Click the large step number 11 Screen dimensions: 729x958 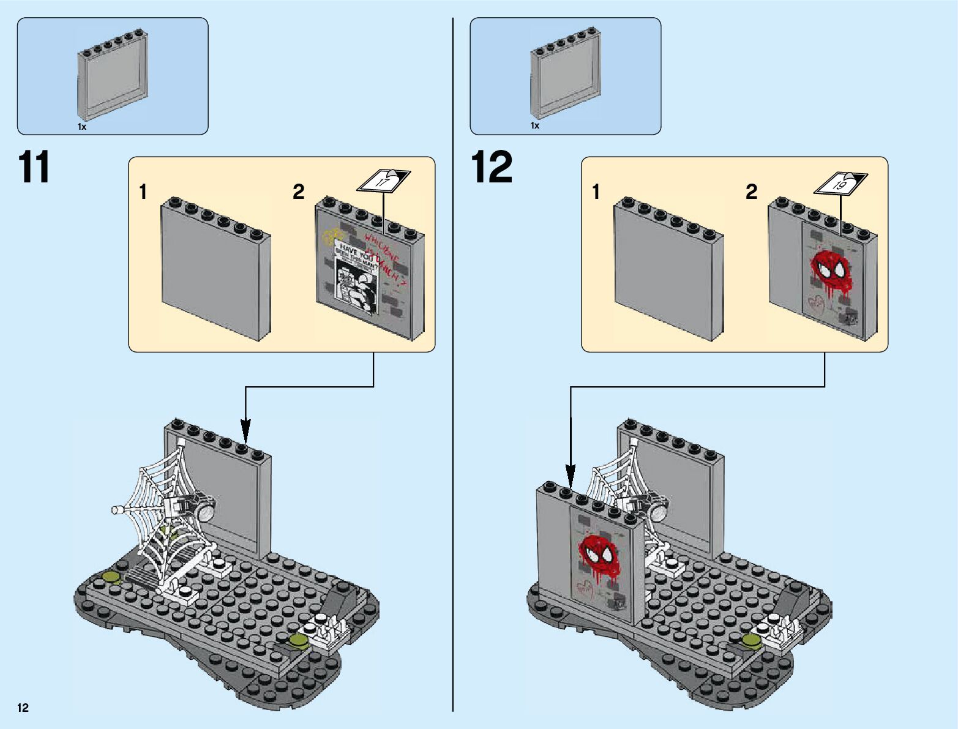tap(34, 167)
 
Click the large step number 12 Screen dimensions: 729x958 tap(492, 167)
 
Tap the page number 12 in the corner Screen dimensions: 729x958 tap(23, 708)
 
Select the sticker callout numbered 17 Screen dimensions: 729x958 tap(383, 182)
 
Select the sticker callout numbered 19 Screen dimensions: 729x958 tap(840, 184)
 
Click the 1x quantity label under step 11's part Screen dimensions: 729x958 tap(82, 127)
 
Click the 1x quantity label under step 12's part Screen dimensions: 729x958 tap(535, 125)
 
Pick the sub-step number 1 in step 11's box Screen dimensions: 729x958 tap(143, 192)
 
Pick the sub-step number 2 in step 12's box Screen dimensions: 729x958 tap(751, 192)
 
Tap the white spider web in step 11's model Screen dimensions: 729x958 tap(163, 514)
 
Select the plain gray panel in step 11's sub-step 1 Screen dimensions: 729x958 tap(214, 269)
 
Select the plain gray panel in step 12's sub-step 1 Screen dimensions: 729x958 tap(667, 269)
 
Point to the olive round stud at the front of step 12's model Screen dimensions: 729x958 tap(751, 640)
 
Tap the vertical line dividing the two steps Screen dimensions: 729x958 tap(453, 367)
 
